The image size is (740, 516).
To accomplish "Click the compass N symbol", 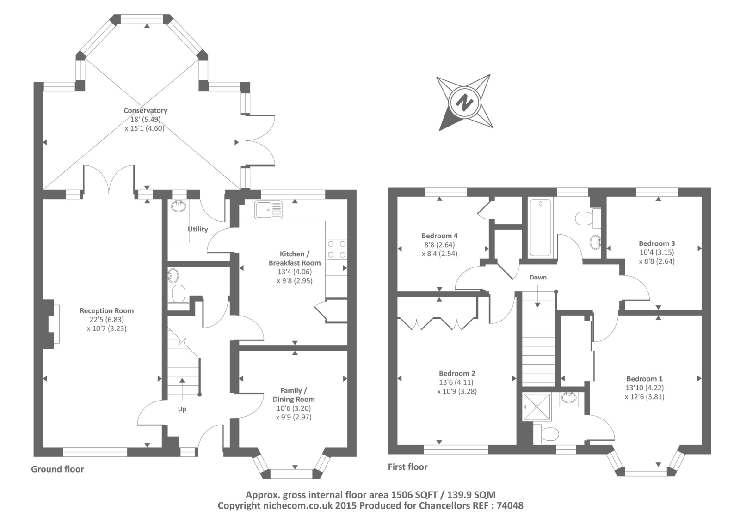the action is pyautogui.click(x=464, y=102).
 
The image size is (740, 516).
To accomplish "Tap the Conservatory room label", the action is pyautogui.click(x=145, y=110).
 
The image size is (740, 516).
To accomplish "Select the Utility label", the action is pyautogui.click(x=197, y=229).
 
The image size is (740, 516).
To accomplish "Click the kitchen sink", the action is pyautogui.click(x=268, y=210).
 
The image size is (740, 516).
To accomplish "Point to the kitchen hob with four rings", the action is pyautogui.click(x=337, y=249).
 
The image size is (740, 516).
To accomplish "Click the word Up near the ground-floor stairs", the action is pyautogui.click(x=182, y=409).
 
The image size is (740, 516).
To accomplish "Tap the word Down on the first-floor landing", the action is pyautogui.click(x=538, y=278).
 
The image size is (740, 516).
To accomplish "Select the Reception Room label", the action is pyautogui.click(x=106, y=311).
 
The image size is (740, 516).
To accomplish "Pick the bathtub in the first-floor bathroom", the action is pyautogui.click(x=540, y=227).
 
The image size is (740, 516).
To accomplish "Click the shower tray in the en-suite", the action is pyautogui.click(x=537, y=407).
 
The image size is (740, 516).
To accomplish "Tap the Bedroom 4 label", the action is pyautogui.click(x=439, y=236).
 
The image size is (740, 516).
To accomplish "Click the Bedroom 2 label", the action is pyautogui.click(x=457, y=373).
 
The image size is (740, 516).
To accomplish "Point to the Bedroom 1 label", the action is pyautogui.click(x=644, y=379).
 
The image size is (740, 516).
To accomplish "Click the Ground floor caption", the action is pyautogui.click(x=57, y=469).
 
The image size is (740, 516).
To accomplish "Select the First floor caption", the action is pyautogui.click(x=407, y=467).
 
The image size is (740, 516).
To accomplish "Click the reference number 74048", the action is pyautogui.click(x=510, y=506).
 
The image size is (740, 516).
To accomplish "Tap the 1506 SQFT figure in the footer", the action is pyautogui.click(x=412, y=495).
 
